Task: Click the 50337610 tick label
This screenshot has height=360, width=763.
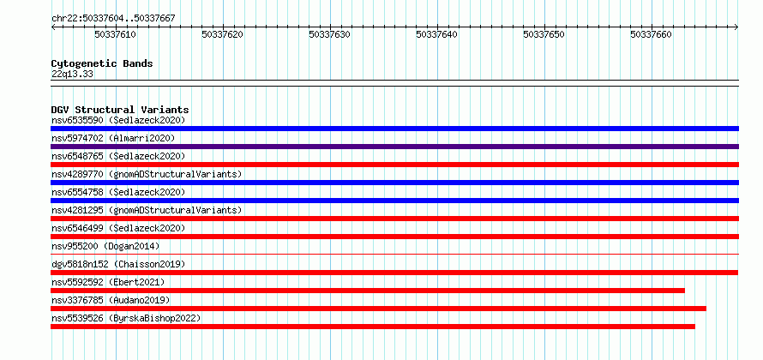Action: pyautogui.click(x=116, y=34)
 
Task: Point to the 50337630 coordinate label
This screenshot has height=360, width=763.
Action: pyautogui.click(x=330, y=34)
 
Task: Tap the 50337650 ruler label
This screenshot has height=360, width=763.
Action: pyautogui.click(x=544, y=34)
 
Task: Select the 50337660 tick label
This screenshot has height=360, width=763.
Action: pyautogui.click(x=651, y=34)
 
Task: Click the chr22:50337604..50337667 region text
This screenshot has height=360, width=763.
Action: pyautogui.click(x=113, y=19)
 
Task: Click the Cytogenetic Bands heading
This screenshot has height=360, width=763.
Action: pyautogui.click(x=102, y=63)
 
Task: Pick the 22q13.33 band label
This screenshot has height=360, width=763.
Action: pyautogui.click(x=73, y=75)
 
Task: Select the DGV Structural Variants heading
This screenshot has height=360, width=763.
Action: pyautogui.click(x=120, y=110)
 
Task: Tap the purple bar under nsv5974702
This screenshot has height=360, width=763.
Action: pyautogui.click(x=394, y=147)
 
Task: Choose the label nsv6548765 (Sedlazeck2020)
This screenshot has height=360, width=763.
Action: pyautogui.click(x=118, y=156)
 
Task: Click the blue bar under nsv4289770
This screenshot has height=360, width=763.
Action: pyautogui.click(x=394, y=183)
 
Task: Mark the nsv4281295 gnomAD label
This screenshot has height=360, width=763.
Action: pyautogui.click(x=147, y=210)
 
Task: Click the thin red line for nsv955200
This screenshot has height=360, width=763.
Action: pyautogui.click(x=394, y=254)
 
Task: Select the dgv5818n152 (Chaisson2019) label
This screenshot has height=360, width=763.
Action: pyautogui.click(x=118, y=264)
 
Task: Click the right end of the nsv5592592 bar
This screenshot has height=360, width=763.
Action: pyautogui.click(x=684, y=291)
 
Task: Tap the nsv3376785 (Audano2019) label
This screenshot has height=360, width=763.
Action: pyautogui.click(x=111, y=300)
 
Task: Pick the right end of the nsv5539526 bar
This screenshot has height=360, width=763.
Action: pyautogui.click(x=694, y=327)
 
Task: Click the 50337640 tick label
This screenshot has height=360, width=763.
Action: pyautogui.click(x=437, y=34)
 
